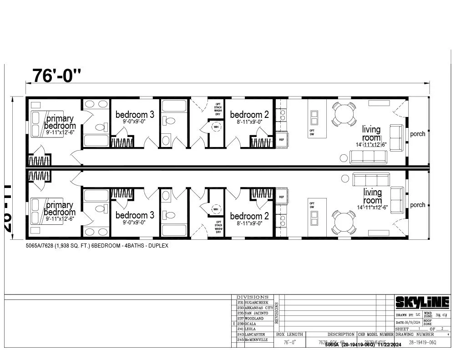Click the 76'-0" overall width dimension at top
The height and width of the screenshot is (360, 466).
(56, 76)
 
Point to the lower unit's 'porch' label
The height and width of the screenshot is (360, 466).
(417, 205)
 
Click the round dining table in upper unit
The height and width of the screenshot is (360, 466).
(344, 114)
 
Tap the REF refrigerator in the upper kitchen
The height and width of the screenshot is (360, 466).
(281, 140)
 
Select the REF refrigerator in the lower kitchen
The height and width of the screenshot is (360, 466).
(281, 197)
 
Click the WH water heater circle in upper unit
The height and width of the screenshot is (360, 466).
(216, 127)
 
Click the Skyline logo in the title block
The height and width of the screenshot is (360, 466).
(422, 302)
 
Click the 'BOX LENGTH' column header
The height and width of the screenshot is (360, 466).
(289, 335)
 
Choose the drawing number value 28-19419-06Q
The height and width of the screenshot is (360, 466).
(422, 342)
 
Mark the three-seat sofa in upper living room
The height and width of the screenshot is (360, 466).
(368, 157)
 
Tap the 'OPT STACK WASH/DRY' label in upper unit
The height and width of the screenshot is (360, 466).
(218, 110)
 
